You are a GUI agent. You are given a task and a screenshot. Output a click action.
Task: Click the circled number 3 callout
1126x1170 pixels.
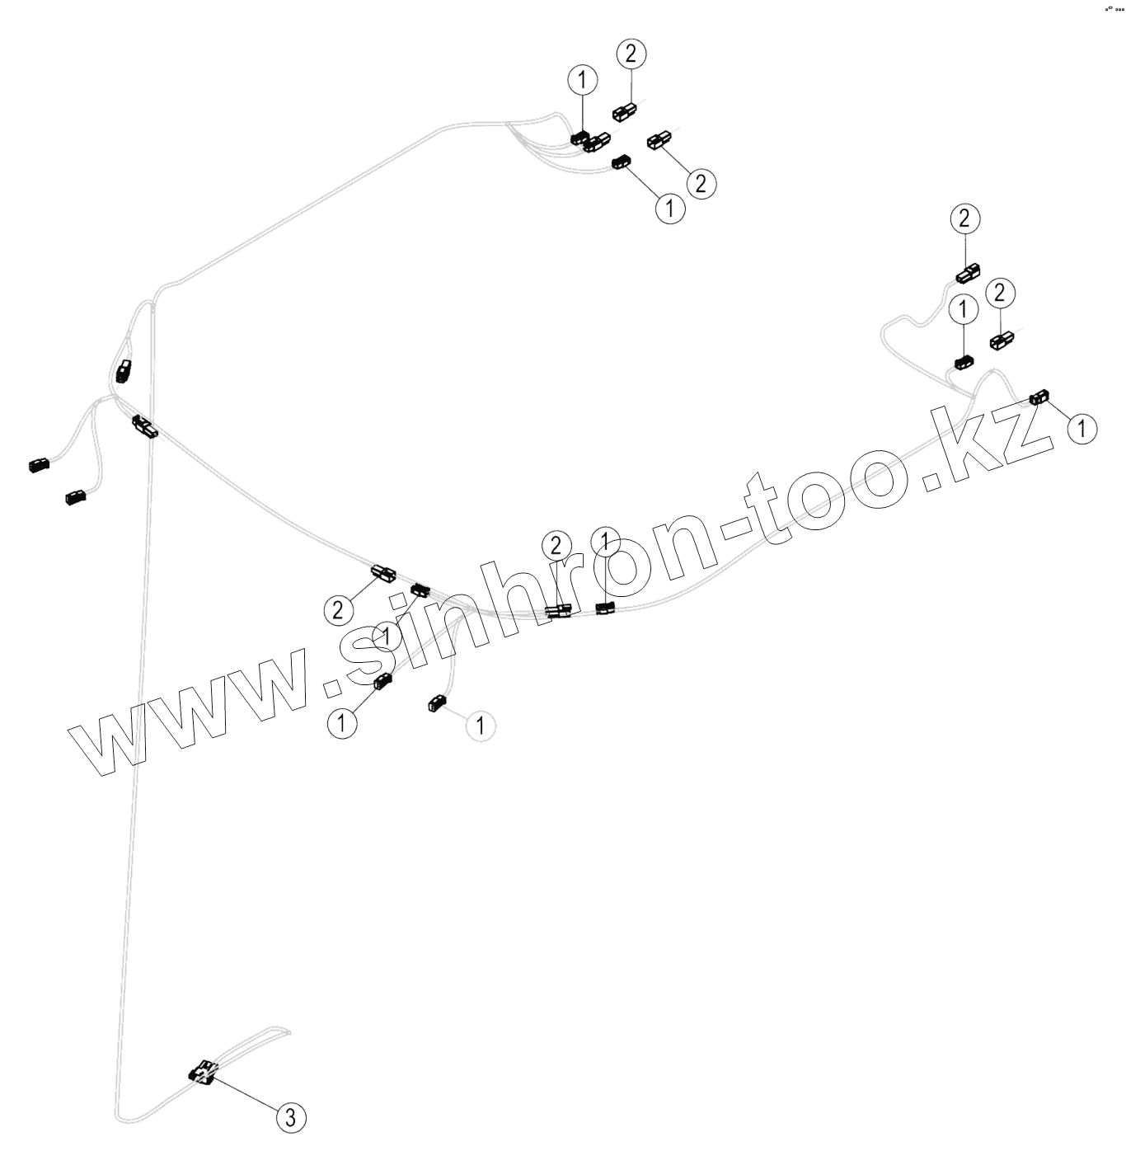coord(289,1117)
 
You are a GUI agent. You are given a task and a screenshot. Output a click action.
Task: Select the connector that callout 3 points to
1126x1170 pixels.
coord(203,1072)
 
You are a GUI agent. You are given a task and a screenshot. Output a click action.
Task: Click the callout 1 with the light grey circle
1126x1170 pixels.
coord(480,726)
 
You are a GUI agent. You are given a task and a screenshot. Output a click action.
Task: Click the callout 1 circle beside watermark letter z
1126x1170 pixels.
coord(1081,428)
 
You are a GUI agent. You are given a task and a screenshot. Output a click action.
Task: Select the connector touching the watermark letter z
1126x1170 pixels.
coord(1038,398)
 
